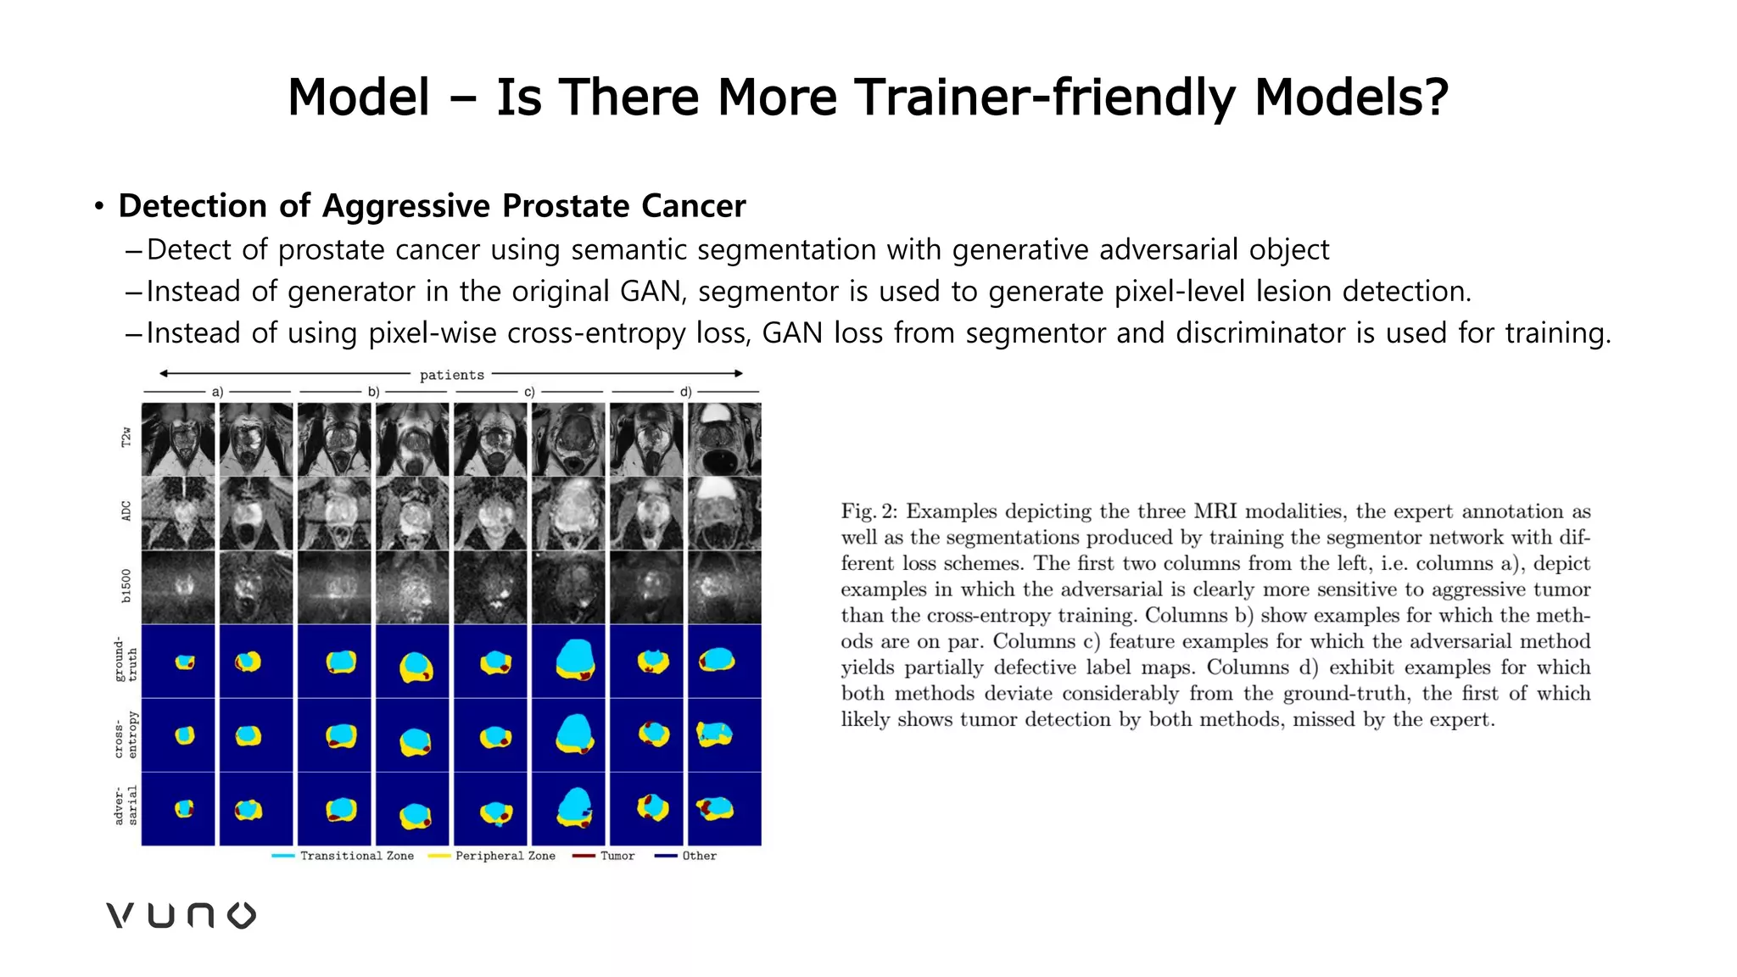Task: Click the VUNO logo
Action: coord(181,915)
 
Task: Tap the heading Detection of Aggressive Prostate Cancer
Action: coord(432,206)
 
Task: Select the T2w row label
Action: coord(126,438)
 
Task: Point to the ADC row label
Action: coord(126,511)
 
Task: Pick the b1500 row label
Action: coord(126,585)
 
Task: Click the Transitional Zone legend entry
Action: coord(356,856)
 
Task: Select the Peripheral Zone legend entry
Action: coord(505,856)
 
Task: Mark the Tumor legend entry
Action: coord(617,856)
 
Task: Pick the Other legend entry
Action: coord(699,856)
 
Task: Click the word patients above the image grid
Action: coord(451,375)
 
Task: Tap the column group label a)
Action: coord(217,392)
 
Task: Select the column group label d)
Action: coord(685,392)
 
